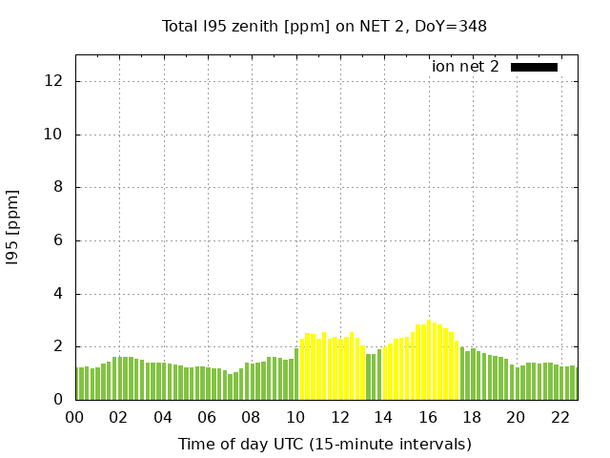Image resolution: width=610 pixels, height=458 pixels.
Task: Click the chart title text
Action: [324, 26]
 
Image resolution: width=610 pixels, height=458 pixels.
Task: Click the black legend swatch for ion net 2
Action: [534, 67]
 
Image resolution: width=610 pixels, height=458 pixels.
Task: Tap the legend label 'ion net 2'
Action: [465, 67]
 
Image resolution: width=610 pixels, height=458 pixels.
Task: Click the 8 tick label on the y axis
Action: [59, 188]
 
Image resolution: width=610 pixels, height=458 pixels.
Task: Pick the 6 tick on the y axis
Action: [59, 240]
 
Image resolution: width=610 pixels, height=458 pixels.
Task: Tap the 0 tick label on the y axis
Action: [59, 400]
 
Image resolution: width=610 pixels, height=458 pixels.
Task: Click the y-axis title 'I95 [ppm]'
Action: [13, 226]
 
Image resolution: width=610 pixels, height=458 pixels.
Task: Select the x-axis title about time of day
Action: [324, 444]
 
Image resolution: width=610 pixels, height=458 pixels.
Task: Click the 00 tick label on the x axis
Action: [74, 417]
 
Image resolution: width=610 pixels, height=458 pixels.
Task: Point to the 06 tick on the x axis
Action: [207, 417]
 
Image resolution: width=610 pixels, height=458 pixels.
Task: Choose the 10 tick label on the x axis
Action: [295, 417]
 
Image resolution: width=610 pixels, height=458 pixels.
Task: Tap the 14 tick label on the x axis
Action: [383, 417]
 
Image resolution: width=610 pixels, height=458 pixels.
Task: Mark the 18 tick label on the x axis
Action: [472, 417]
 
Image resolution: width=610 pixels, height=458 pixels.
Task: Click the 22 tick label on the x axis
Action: [559, 417]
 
